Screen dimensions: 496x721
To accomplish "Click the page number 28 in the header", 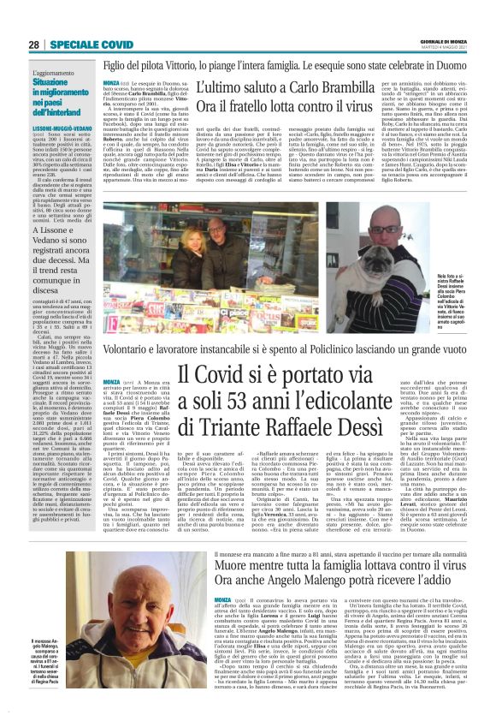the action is [x=34, y=45].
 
